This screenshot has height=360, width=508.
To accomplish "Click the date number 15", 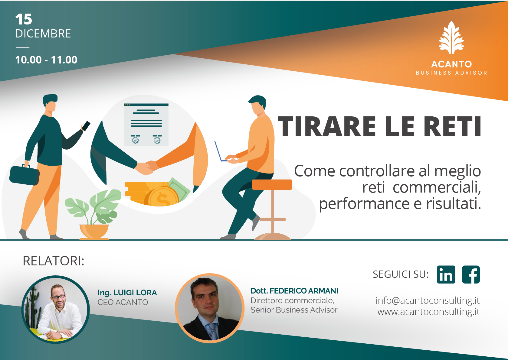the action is click(x=24, y=19).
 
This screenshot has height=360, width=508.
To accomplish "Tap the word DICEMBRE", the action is click(x=43, y=34).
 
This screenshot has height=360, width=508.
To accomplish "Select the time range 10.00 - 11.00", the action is click(x=46, y=60).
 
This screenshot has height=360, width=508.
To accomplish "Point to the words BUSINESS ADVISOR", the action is click(x=451, y=73).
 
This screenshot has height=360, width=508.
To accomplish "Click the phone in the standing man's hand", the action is click(x=86, y=126).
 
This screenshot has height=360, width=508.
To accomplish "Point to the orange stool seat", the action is click(x=272, y=184).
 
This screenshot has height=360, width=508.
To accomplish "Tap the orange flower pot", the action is click(x=94, y=232).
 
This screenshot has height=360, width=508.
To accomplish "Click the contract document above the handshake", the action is click(x=146, y=125).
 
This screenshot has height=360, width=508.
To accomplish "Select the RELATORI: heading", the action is click(x=54, y=261).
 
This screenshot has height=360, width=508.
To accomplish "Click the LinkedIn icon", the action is click(x=446, y=274).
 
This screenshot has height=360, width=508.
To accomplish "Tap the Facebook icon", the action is click(x=471, y=274).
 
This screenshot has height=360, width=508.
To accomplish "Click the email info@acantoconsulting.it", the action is click(x=428, y=301).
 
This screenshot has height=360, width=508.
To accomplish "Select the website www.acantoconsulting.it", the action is click(x=428, y=312).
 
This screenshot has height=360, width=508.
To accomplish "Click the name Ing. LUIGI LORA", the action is click(x=127, y=293).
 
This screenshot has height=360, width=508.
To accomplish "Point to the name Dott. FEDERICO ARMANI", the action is click(x=294, y=291).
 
